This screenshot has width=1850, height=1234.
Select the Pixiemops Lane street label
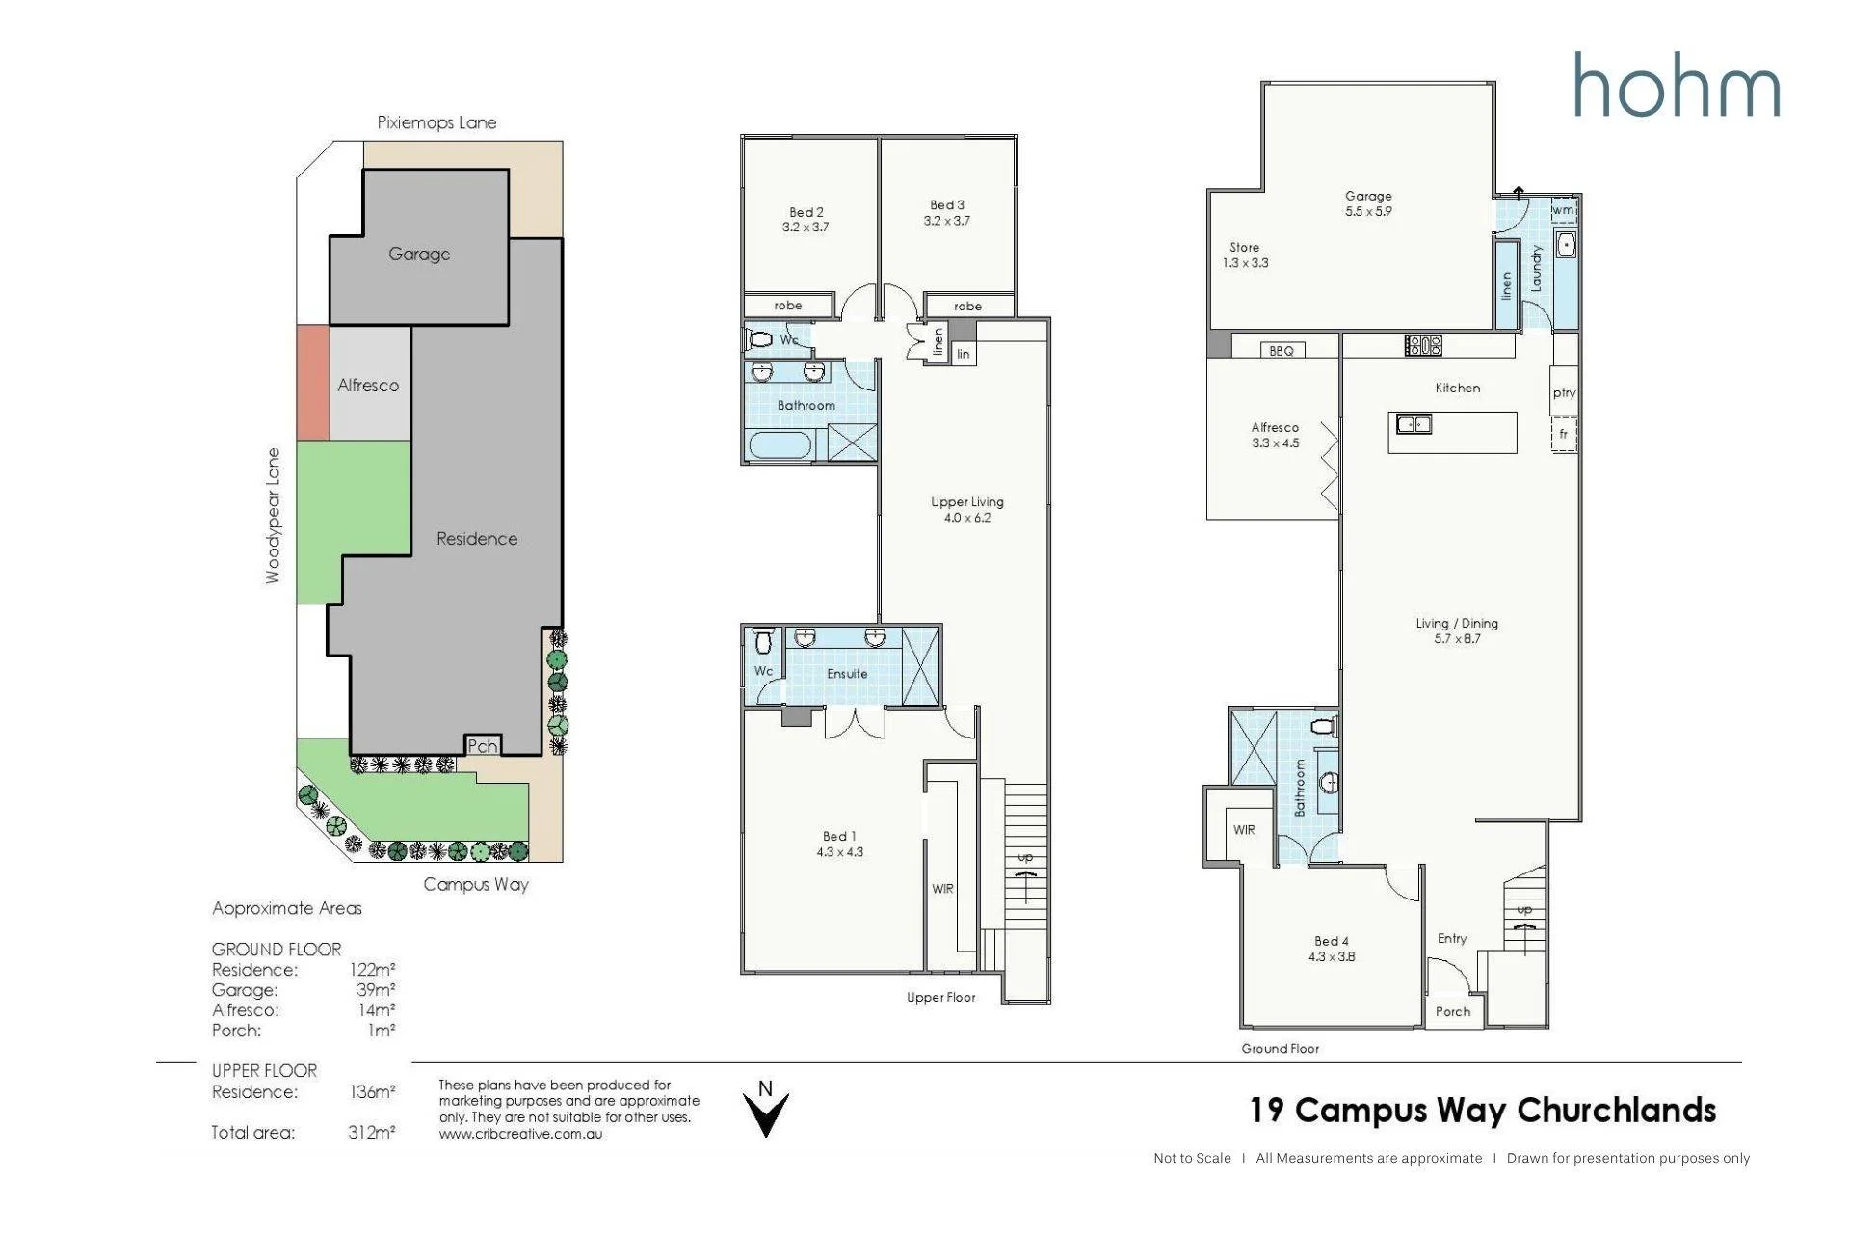436,122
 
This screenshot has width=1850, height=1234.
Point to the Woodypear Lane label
274,515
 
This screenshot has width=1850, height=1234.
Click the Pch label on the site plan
482,745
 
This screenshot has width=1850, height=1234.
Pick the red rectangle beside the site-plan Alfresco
313,383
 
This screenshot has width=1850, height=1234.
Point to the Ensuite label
847,674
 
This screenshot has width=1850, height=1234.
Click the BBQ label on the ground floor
1282,351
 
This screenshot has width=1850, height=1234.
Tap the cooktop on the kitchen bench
1423,344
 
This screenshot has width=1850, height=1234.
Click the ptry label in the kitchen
1564,393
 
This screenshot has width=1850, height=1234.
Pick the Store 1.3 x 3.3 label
1245,255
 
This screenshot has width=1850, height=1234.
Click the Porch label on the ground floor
1453,1011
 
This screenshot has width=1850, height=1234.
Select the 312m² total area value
372,1132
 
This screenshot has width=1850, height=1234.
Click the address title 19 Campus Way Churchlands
1483,1110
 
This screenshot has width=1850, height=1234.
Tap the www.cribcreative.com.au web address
520,1134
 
